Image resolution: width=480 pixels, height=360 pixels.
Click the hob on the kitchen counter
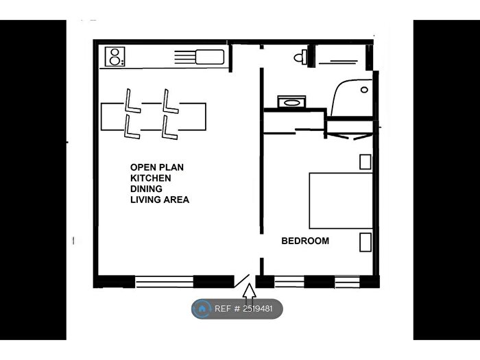click(114, 56)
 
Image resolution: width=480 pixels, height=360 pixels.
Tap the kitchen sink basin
click(210, 56)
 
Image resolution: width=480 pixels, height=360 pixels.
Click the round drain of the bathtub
click(365, 90)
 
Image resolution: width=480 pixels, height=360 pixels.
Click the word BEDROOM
click(305, 241)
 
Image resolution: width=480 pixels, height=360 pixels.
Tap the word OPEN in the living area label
click(142, 167)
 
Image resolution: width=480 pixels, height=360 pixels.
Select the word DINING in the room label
click(147, 189)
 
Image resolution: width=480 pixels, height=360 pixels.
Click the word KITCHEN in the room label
click(151, 178)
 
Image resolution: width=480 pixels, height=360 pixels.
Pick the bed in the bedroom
click(341, 200)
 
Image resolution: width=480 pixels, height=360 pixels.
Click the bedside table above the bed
click(365, 162)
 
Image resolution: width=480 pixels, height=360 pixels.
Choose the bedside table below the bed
click(365, 242)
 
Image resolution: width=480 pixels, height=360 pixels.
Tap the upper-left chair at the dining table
click(132, 101)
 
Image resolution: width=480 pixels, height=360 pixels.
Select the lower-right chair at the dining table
click(169, 128)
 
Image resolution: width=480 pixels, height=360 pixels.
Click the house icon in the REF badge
click(202, 309)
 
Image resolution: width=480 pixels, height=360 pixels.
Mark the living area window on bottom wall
click(164, 281)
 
